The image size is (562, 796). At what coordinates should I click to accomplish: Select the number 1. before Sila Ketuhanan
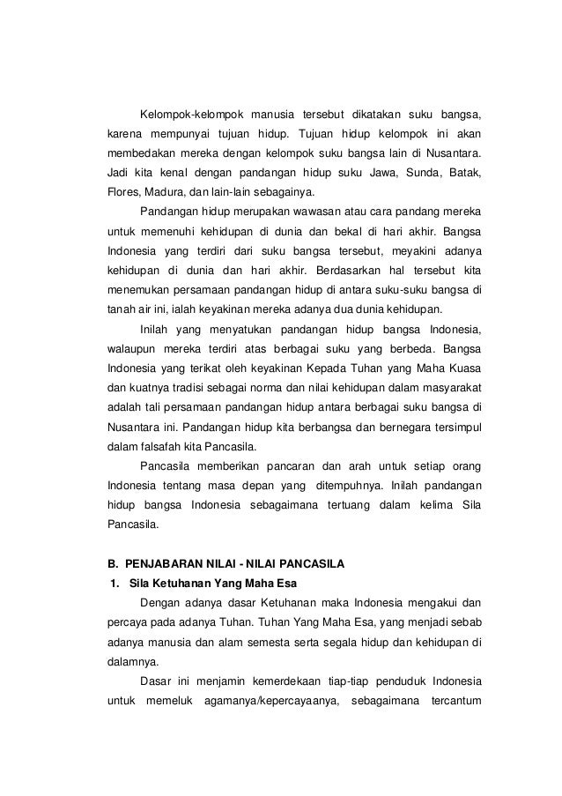[x=113, y=583]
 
